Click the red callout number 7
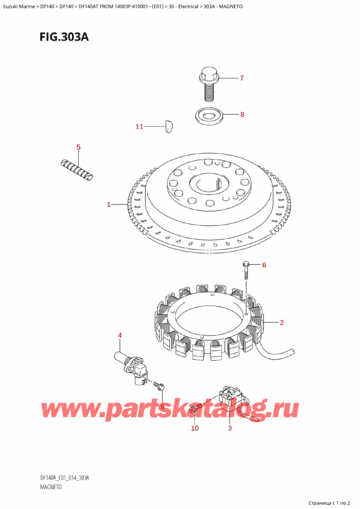pyautogui.click(x=242, y=78)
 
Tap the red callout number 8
pyautogui.click(x=242, y=114)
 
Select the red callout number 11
pyautogui.click(x=139, y=126)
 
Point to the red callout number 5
pyautogui.click(x=78, y=147)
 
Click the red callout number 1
pyautogui.click(x=109, y=204)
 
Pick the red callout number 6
pyautogui.click(x=264, y=265)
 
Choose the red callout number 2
pyautogui.click(x=281, y=322)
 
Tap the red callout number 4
pyautogui.click(x=120, y=336)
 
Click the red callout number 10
pyautogui.click(x=195, y=428)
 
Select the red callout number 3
pyautogui.click(x=230, y=428)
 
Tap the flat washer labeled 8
pyautogui.click(x=209, y=116)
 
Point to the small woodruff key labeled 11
pyautogui.click(x=169, y=126)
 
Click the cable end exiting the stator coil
pyautogui.click(x=293, y=352)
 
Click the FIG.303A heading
pyautogui.click(x=64, y=37)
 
